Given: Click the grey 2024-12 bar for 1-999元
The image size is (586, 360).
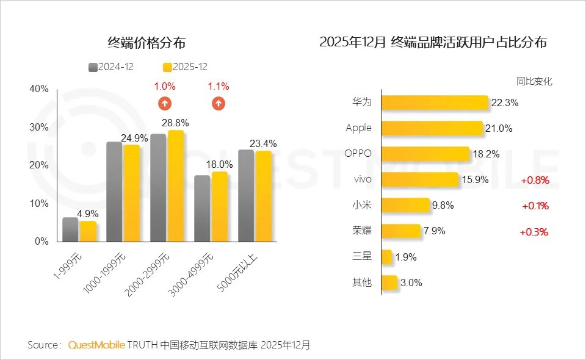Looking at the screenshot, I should tap(70, 229).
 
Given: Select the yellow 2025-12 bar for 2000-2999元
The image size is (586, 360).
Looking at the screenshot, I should tap(176, 186).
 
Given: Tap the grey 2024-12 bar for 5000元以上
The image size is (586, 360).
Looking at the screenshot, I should tap(246, 195).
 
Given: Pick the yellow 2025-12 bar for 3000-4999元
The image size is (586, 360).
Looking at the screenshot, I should tap(220, 206).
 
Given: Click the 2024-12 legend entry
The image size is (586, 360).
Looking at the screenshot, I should tap(111, 67).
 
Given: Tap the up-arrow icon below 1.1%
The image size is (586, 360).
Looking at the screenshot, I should tap(219, 103).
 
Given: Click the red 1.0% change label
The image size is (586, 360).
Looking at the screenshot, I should tap(165, 87).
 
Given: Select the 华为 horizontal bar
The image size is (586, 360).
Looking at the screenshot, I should tap(435, 103).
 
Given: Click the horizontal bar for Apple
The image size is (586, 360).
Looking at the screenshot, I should tap(432, 128).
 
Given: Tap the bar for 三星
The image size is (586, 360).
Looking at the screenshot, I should tap(386, 257).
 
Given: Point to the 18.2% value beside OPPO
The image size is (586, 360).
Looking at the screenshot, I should tap(487, 154).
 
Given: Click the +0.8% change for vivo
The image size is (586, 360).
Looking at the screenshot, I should tap(535, 180).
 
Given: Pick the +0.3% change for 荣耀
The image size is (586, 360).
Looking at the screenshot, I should tap(534, 232).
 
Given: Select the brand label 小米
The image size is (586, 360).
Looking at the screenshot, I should tap(362, 206).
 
